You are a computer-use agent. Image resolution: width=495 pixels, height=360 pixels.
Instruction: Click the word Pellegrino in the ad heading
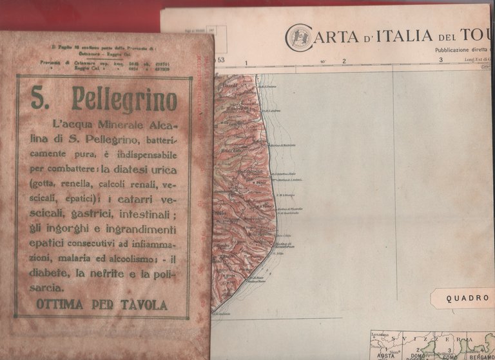point(124,100)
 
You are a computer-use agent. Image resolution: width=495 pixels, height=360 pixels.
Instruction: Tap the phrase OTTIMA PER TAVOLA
point(102,305)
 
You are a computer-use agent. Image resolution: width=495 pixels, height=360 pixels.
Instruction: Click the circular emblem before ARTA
point(297,37)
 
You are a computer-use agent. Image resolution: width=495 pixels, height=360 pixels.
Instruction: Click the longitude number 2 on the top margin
point(344,62)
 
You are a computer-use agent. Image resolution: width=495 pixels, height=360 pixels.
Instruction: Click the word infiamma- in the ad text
point(151,244)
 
